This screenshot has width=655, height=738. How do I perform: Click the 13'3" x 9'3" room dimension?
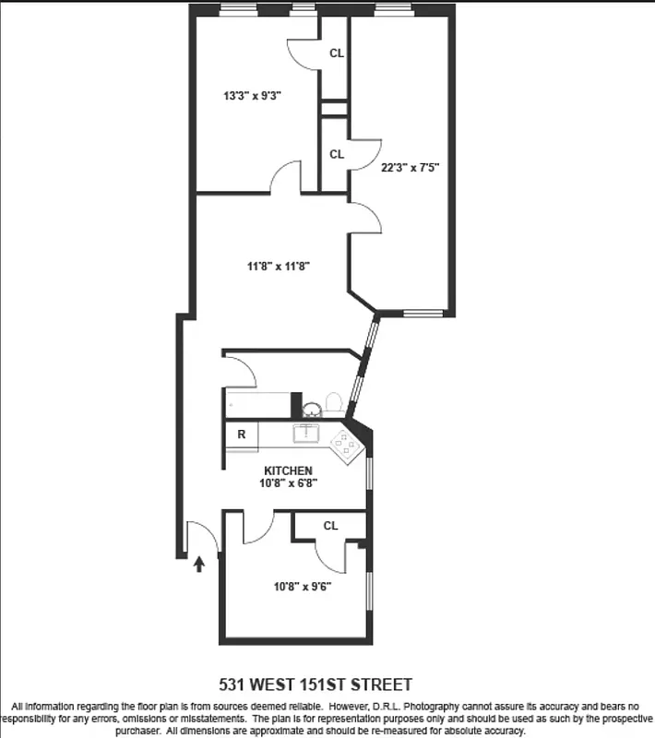(252, 94)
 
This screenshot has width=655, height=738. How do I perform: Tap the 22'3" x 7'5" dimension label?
(410, 167)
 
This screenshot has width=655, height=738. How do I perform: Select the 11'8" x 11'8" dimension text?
(277, 267)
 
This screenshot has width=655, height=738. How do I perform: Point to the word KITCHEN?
(288, 470)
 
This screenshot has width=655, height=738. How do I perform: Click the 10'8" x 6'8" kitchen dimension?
(288, 483)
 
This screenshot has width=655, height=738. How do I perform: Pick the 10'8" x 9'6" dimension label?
(302, 585)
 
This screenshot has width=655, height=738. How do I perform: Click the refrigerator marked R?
(242, 434)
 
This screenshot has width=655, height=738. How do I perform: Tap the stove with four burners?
(349, 446)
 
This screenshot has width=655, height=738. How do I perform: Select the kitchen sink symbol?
(305, 432)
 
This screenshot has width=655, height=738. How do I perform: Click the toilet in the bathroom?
(334, 402)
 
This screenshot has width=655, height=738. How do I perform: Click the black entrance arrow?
(198, 564)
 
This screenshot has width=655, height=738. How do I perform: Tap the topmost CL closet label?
(337, 54)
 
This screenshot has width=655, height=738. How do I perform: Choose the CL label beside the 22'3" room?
(337, 155)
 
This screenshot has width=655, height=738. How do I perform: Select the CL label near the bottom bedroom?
(330, 526)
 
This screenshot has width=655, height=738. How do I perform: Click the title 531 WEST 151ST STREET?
(315, 684)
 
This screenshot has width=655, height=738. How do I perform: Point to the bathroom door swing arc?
(241, 371)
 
